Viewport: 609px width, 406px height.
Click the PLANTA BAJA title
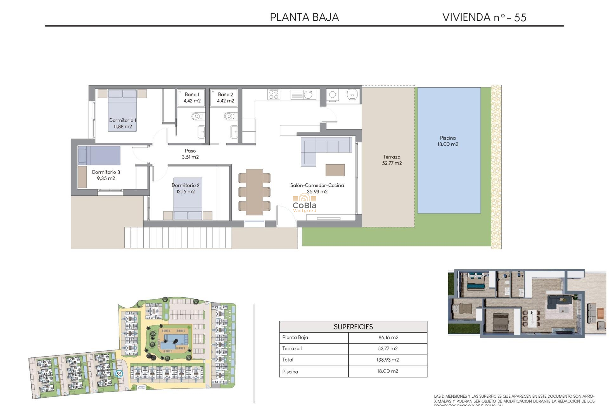304,17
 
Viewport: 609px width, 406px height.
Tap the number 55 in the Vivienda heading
520,17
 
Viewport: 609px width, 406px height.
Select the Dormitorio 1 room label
122,123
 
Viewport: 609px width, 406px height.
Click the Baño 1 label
192,97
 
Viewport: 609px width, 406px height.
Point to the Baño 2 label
225,97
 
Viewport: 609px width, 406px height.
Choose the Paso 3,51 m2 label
190,154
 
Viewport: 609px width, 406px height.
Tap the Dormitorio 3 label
106,175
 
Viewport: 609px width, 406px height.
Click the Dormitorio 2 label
186,188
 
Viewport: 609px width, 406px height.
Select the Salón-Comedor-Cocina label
317,188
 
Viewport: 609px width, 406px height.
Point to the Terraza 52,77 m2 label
392,160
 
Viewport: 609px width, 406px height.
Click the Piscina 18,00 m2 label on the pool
448,141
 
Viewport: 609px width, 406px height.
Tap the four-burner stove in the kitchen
274,94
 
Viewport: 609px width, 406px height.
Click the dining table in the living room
254,192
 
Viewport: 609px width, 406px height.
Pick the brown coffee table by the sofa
335,170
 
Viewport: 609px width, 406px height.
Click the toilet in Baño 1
196,116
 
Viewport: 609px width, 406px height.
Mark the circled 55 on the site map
119,374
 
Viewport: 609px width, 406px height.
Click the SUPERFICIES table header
353,327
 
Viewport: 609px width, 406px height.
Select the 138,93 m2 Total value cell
388,360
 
